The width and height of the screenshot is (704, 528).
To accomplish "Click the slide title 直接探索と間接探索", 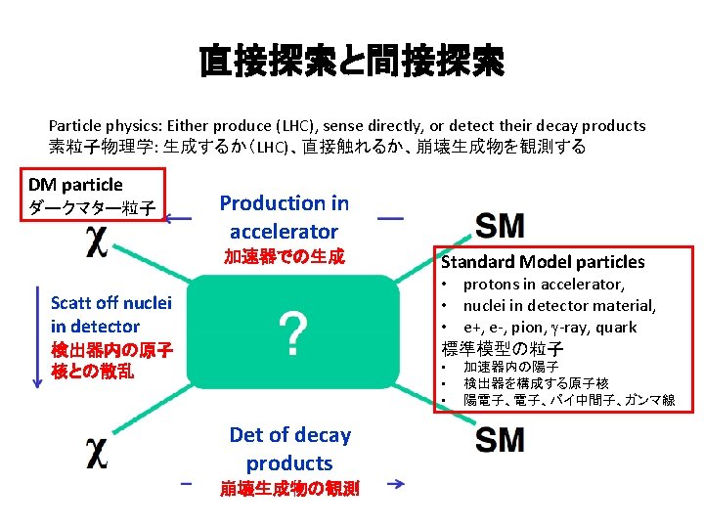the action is coord(351,64).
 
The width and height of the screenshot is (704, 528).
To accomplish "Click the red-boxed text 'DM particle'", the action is coord(75,184).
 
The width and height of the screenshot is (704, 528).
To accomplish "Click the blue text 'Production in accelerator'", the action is coord(284,217).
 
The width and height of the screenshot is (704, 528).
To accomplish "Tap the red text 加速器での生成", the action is coord(284,257).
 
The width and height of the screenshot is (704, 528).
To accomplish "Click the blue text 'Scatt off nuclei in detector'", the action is coord(110,315).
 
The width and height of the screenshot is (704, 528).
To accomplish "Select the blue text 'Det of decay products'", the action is coord(289,449).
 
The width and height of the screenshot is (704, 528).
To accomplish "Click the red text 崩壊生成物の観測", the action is coord(289,487).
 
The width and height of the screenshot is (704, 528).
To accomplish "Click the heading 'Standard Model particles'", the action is coord(543,261).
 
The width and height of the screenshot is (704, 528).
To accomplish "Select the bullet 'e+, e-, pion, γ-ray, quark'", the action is coord(550,327).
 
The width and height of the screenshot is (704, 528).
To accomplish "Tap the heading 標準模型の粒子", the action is coord(504,348).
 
